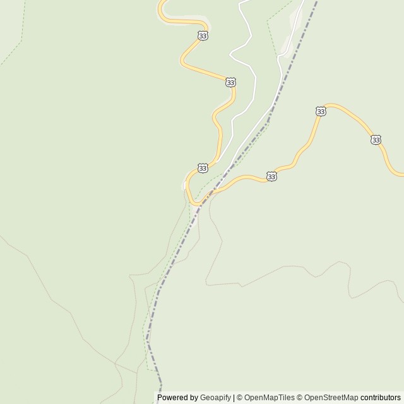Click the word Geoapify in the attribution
coord(215,398)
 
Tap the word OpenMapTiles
coord(270,398)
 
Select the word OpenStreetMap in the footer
coord(331,398)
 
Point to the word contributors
coord(381,398)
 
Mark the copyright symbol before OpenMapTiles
coord(239,398)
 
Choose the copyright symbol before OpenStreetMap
coord(300,398)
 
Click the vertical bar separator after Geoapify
coord(234,398)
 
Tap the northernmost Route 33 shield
coord(202,36)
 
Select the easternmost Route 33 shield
coord(376,140)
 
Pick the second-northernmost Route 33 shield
coord(230,83)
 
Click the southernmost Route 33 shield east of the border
coord(271,177)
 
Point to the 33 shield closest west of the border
coord(202,168)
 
